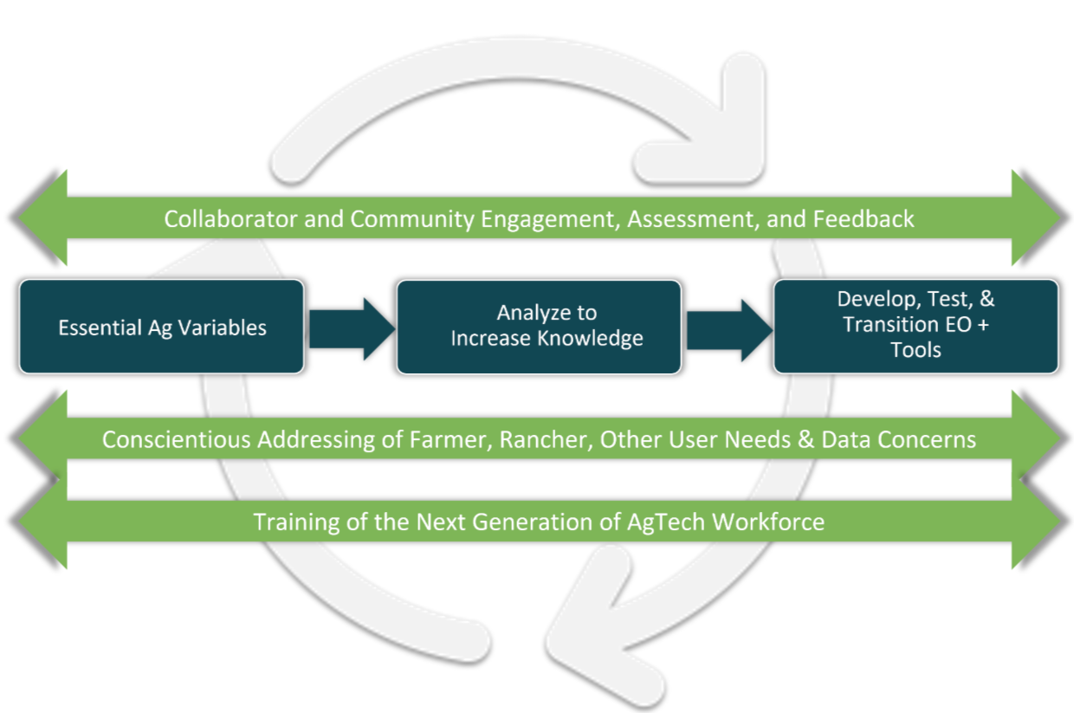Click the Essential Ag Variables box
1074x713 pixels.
coord(162,327)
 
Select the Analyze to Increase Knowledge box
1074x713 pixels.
coord(539,327)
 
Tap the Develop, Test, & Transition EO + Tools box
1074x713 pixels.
coord(915,326)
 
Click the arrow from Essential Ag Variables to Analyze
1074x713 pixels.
coord(351,328)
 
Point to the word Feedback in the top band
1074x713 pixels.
coord(863,218)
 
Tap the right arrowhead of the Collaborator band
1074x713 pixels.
coord(1038,217)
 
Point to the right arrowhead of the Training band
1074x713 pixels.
coord(1038,522)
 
